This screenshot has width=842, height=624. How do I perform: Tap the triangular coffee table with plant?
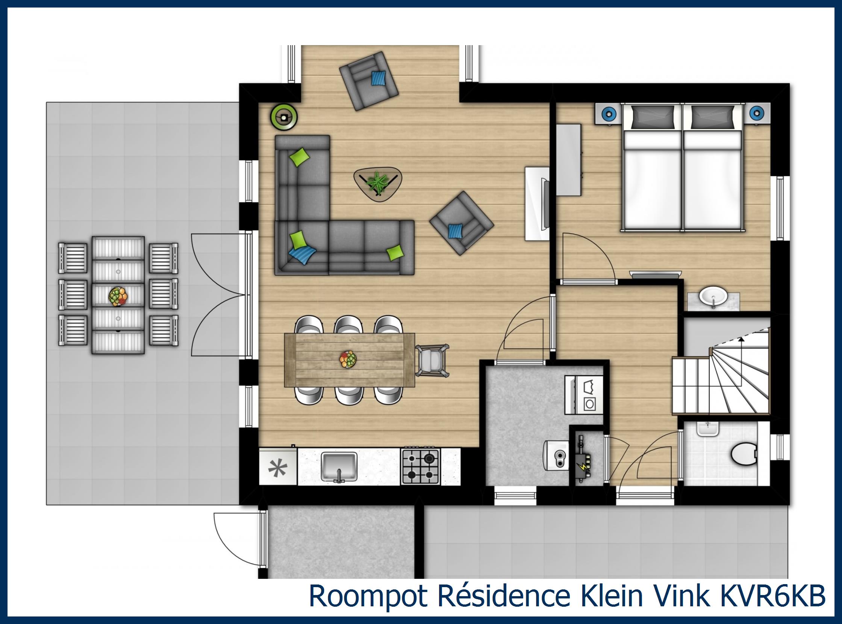[377, 184]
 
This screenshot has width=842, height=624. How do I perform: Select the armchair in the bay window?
[368, 81]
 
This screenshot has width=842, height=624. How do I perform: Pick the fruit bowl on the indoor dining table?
[348, 359]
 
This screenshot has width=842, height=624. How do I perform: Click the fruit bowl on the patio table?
[118, 296]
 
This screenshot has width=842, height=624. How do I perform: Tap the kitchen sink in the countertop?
[339, 467]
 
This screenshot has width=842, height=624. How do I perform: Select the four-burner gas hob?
[420, 467]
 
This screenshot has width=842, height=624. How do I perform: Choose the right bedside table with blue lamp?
[756, 112]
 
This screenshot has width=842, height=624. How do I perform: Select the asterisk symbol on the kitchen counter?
[277, 468]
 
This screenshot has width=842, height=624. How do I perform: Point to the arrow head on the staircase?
[741, 339]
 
